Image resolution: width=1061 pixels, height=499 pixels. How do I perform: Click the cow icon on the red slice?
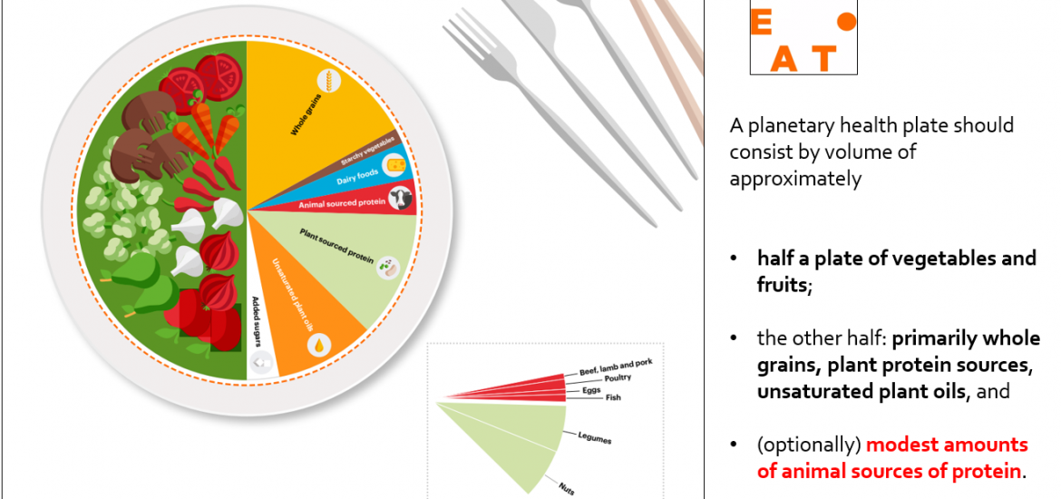point(401,199)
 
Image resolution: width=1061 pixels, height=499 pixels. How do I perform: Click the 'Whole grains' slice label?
point(306,116)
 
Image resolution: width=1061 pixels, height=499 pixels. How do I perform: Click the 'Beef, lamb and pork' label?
point(616,367)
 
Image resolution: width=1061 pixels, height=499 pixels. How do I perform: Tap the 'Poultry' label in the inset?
point(618,377)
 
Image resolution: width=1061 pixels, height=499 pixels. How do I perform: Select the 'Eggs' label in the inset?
point(591,391)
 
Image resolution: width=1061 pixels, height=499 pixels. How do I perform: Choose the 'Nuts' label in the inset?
point(567,486)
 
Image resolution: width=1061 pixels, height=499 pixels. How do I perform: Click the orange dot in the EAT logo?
point(846,23)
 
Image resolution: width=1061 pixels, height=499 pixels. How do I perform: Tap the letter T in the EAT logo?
point(823,59)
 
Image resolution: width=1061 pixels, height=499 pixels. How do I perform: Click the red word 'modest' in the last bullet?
point(903,445)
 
